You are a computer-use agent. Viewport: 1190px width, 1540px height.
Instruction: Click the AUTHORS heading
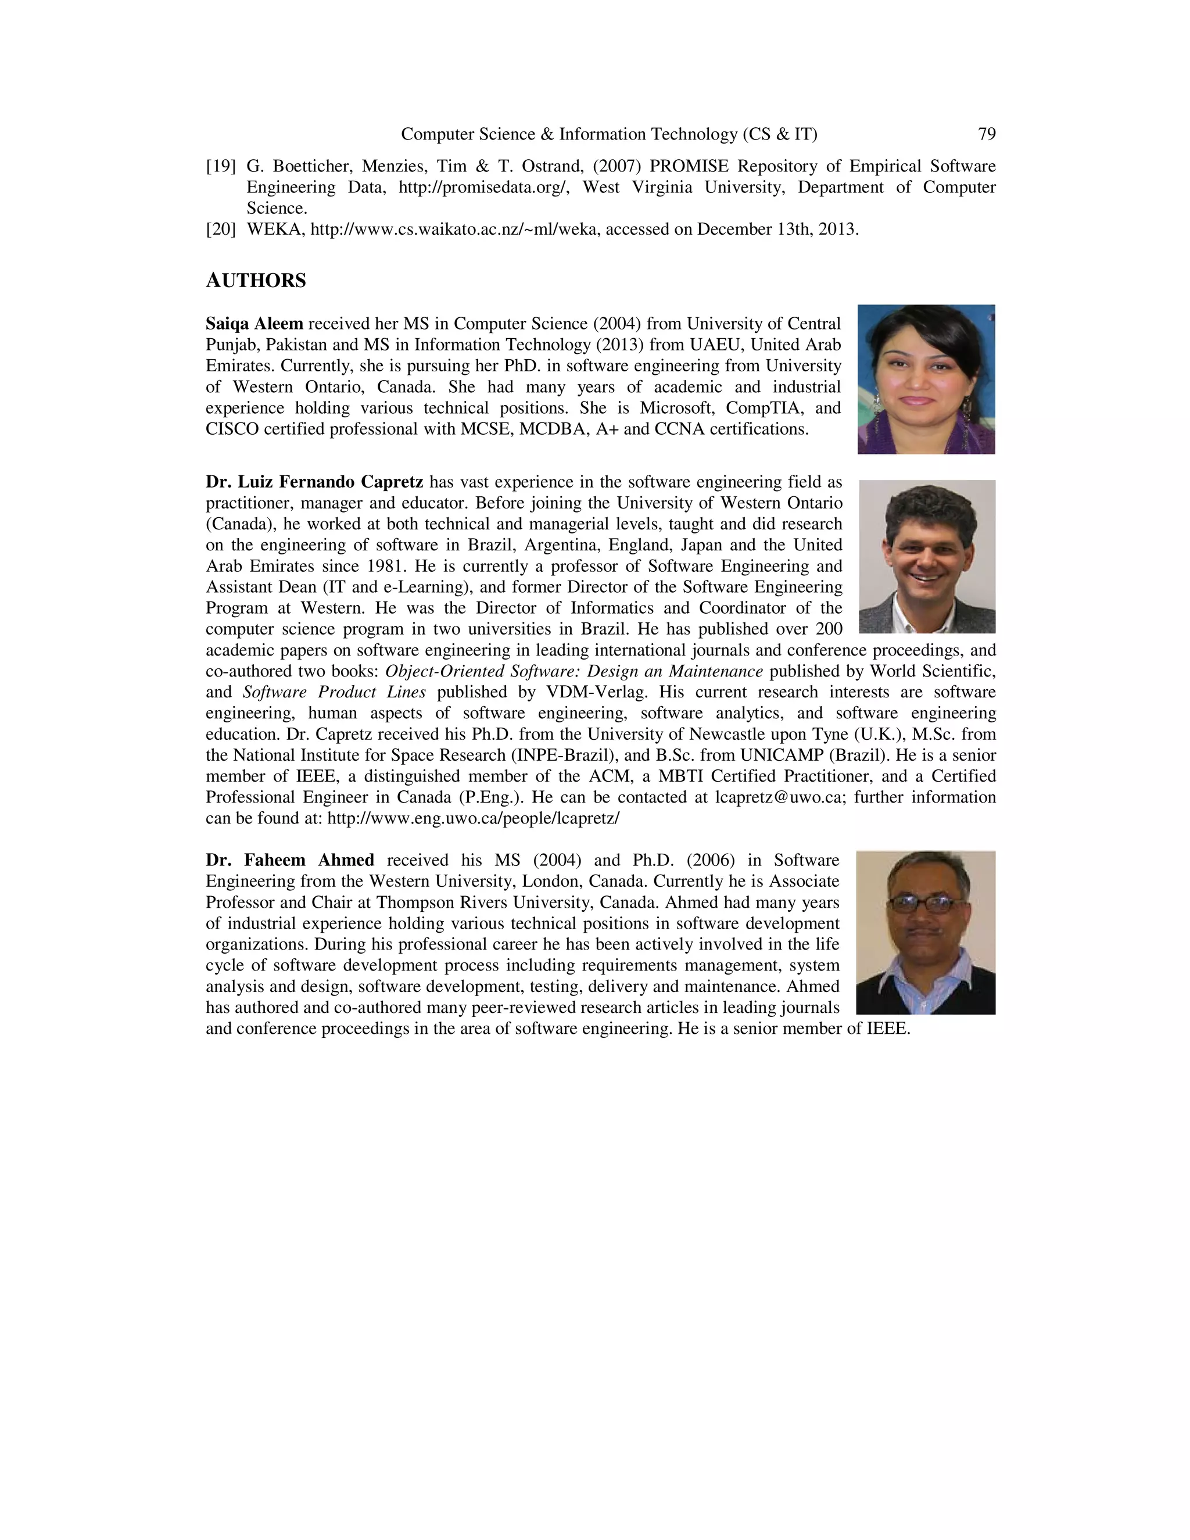[255, 281]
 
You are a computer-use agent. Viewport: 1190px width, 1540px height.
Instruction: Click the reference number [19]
[221, 166]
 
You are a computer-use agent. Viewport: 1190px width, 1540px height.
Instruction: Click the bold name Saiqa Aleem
[254, 324]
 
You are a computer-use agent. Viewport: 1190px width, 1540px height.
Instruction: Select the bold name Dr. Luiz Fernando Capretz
[314, 482]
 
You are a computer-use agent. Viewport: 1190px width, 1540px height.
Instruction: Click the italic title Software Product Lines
[334, 693]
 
